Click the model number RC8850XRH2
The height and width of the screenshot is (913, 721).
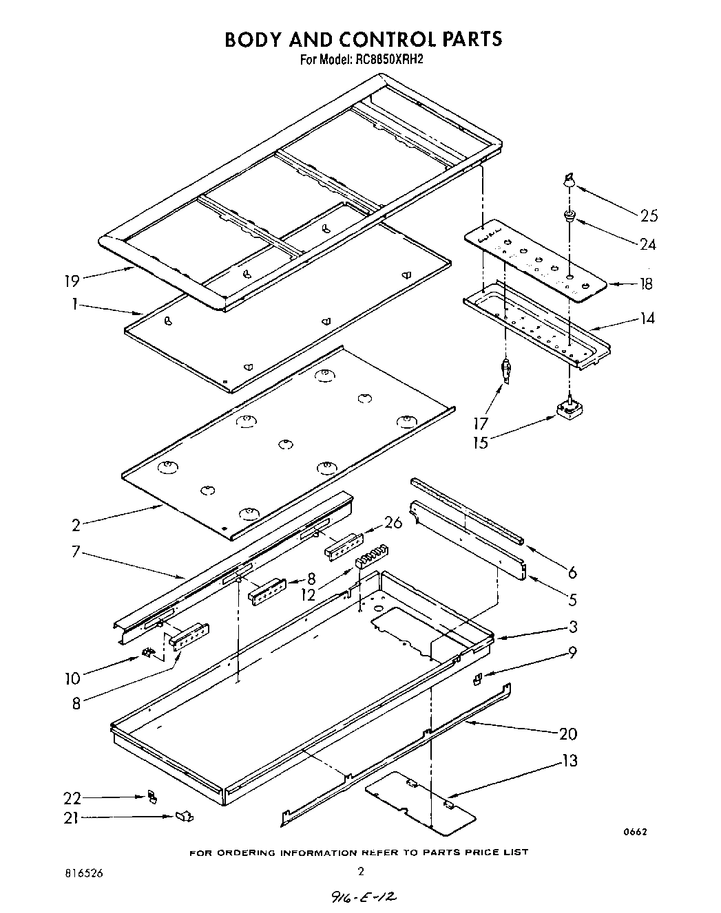coord(388,60)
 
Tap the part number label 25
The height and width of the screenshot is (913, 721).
coord(649,216)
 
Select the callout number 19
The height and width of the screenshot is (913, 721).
coord(71,280)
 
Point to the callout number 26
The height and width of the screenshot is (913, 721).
coord(393,522)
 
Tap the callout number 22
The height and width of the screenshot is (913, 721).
coord(72,798)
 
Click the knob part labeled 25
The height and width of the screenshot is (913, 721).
coord(569,181)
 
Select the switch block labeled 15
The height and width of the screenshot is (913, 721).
coord(568,411)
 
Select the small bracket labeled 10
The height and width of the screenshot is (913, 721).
coord(147,652)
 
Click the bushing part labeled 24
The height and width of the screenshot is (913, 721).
coord(570,217)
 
